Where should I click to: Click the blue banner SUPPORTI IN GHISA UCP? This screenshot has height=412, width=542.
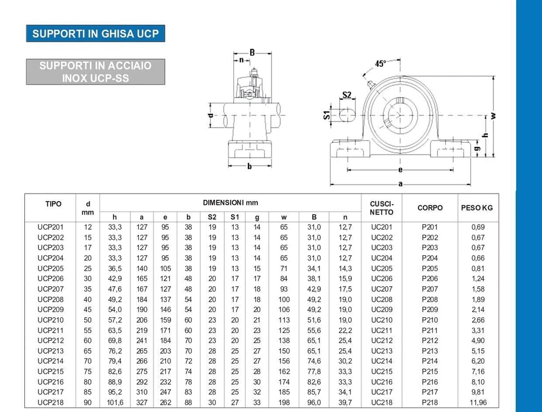(95, 33)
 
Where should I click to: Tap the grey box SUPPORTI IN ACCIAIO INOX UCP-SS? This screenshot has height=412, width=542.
(95, 72)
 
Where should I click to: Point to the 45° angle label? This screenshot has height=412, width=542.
(380, 64)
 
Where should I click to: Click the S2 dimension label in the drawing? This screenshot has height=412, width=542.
(347, 95)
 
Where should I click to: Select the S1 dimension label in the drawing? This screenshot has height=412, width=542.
(327, 115)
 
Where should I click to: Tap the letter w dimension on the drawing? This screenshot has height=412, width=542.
(493, 116)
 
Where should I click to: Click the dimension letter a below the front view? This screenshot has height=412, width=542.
(400, 184)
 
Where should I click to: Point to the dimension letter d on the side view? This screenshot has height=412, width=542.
(211, 115)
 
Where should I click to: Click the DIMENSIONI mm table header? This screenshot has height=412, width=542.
(230, 203)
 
